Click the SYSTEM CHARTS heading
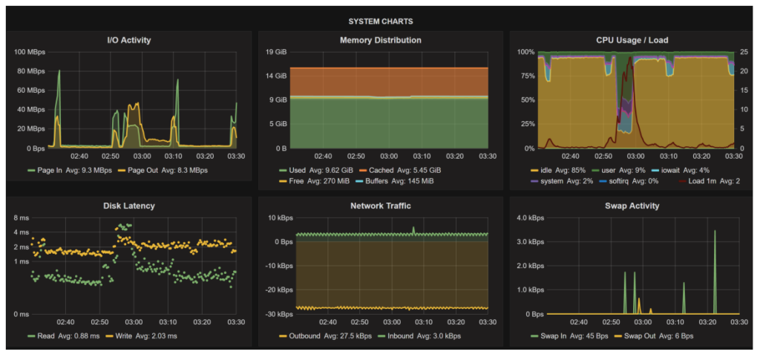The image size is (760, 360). [x=380, y=22]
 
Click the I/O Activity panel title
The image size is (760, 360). [x=129, y=40]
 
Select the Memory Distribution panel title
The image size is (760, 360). [x=380, y=40]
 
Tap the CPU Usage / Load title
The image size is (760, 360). [x=631, y=40]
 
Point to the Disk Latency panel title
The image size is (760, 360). [x=129, y=206]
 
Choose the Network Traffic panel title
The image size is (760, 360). [x=380, y=206]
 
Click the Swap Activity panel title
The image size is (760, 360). [x=631, y=206]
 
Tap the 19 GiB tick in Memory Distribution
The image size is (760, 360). [x=276, y=52]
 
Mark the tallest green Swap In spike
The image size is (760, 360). [x=715, y=232]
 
